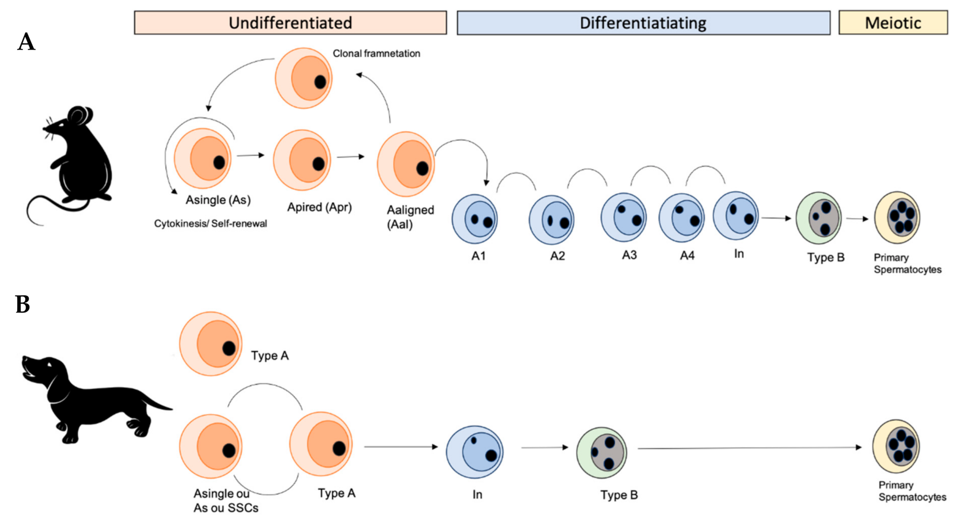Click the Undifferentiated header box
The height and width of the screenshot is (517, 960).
tap(290, 23)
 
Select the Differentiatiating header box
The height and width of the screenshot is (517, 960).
tap(644, 23)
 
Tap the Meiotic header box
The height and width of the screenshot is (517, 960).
tap(893, 23)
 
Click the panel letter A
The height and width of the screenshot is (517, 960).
tap(26, 42)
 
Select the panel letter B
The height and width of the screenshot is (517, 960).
tap(23, 304)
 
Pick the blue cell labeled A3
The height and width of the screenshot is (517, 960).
tap(623, 217)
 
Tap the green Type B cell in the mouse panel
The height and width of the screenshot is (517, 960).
tap(818, 218)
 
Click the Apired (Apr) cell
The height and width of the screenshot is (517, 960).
tap(302, 160)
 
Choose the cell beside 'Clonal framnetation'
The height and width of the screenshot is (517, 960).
tap(304, 78)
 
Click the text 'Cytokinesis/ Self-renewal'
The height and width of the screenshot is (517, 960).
tap(211, 224)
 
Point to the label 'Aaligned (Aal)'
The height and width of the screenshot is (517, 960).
tap(410, 217)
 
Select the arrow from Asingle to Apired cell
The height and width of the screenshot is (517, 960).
tap(250, 155)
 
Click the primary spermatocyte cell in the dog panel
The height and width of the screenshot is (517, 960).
tap(896, 446)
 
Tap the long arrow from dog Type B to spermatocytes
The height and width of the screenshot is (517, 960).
tap(750, 448)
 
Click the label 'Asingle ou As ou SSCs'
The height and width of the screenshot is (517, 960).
tap(226, 500)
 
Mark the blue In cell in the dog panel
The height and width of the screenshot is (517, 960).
tap(474, 452)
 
